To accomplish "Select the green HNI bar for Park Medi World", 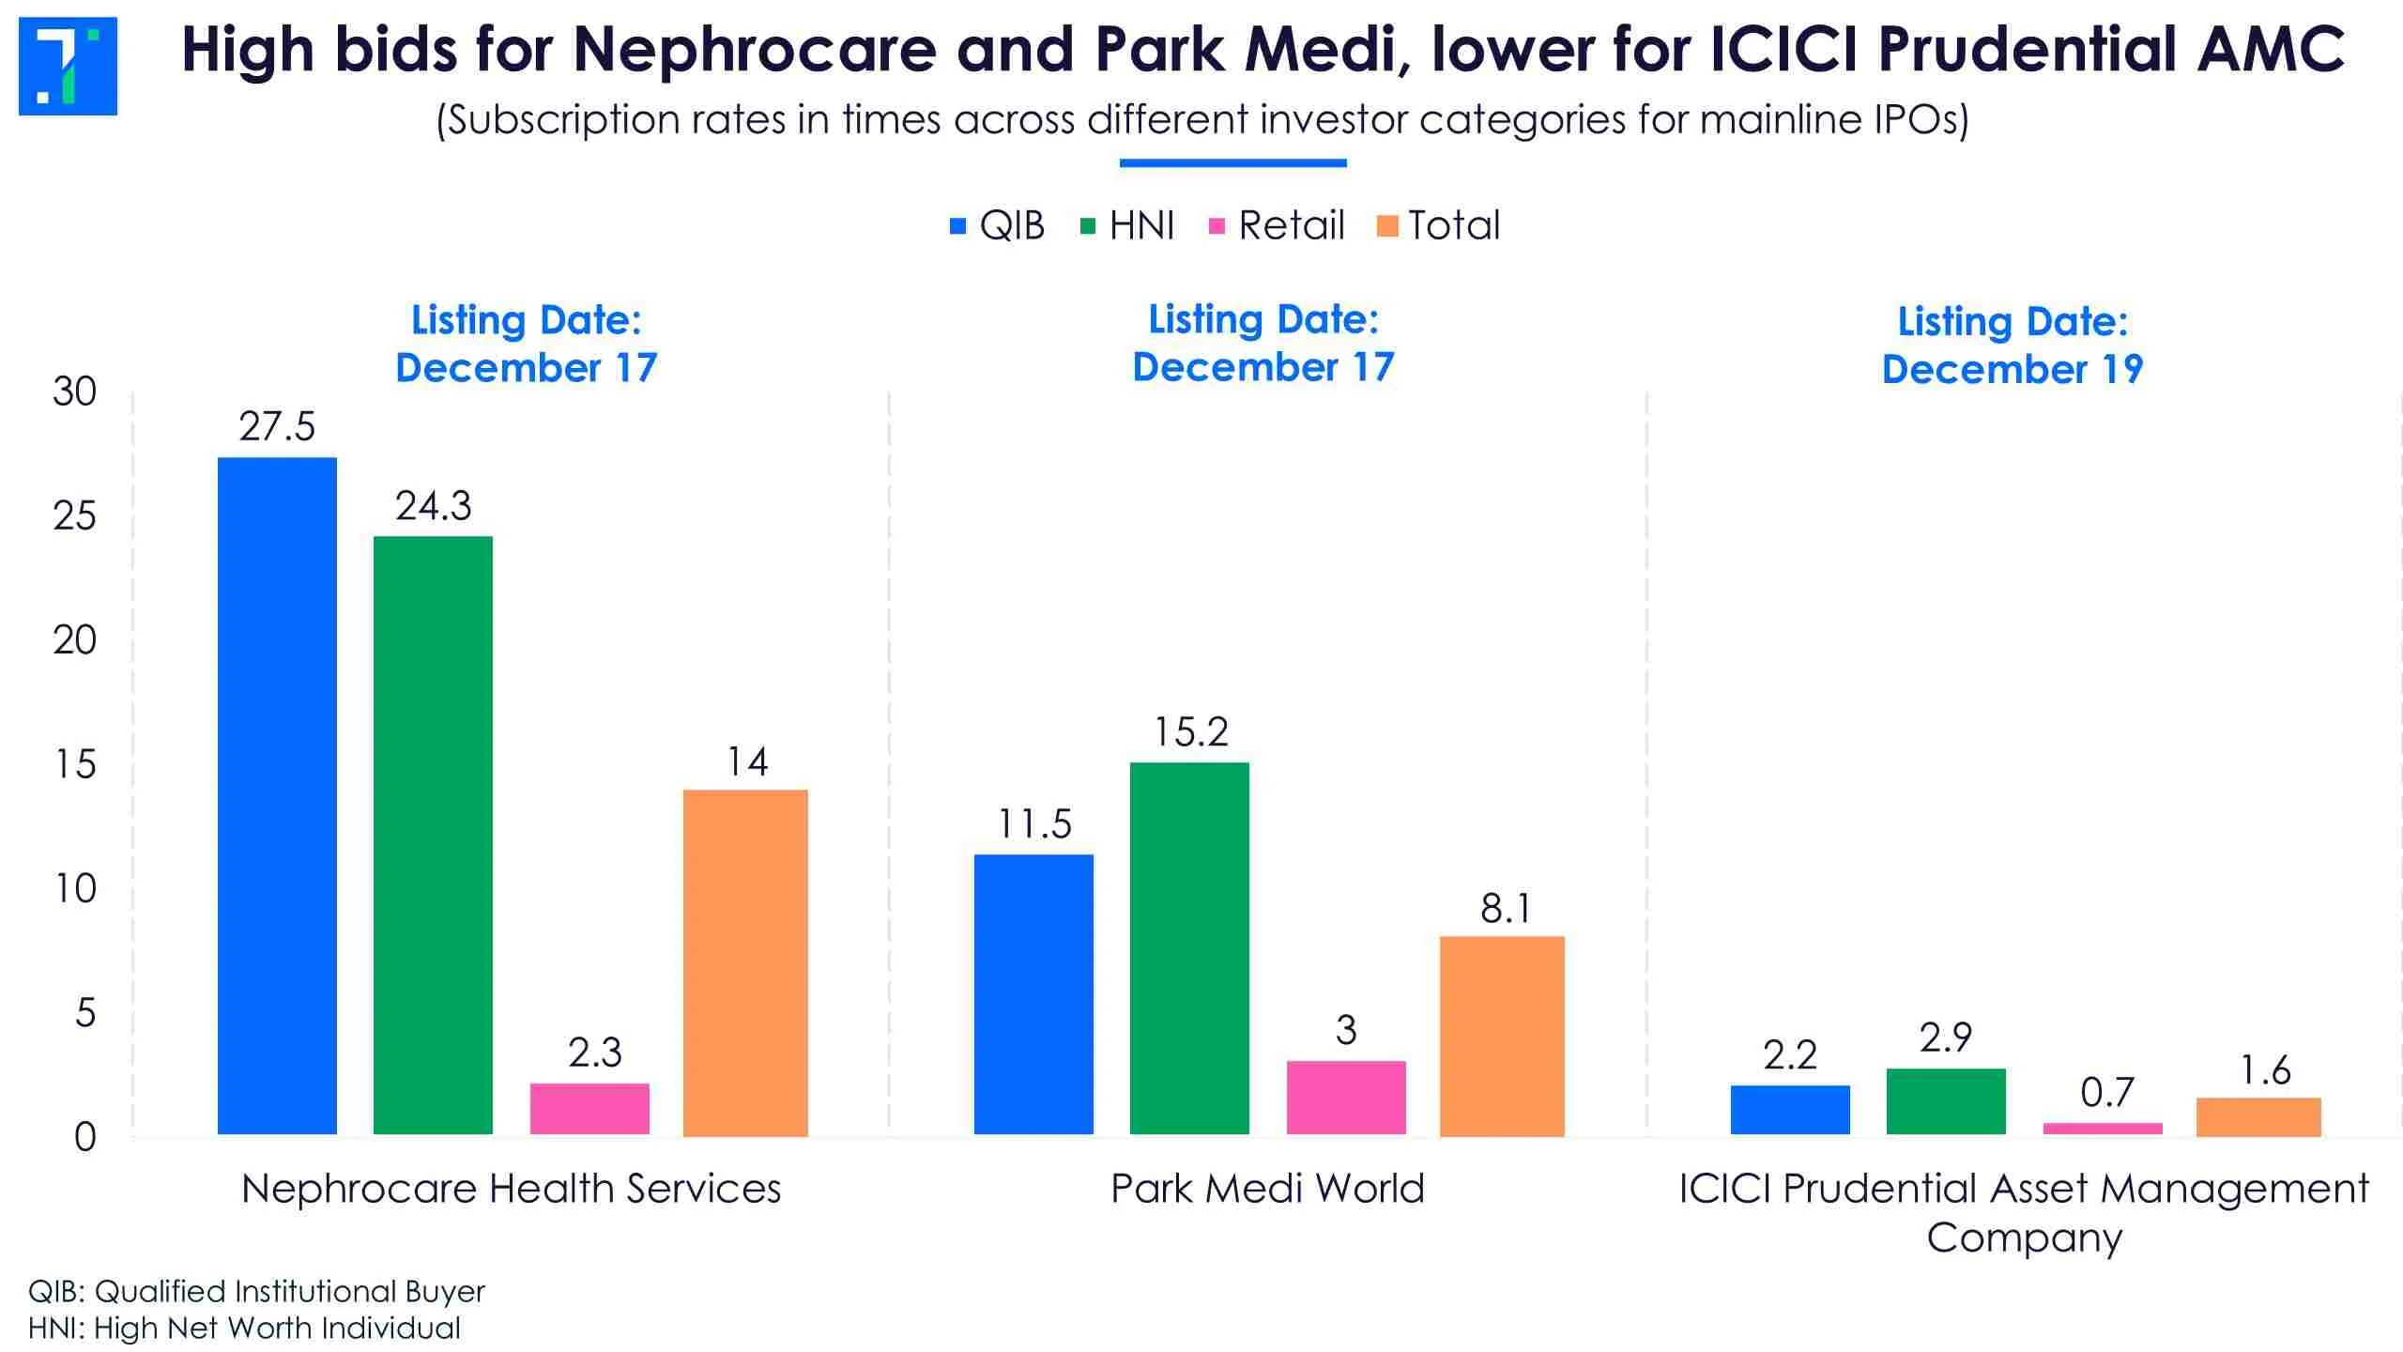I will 1189,948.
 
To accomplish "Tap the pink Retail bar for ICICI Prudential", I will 2103,1129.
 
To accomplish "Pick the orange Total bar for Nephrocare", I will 745,962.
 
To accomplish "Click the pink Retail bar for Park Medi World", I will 1346,1098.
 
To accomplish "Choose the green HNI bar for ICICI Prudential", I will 1946,1101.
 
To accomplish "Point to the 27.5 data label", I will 277,427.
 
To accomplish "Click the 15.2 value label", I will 1190,732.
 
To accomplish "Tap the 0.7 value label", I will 2106,1093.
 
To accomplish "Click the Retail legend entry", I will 1278,225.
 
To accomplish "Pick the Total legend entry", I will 1439,225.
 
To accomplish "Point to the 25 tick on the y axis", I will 75,516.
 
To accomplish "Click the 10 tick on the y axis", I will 75,889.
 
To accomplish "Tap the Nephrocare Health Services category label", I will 511,1190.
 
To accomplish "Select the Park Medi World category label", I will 1267,1190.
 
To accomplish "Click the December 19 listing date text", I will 2013,369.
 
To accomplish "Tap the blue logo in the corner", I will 68,66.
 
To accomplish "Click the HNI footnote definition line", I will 244,1329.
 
